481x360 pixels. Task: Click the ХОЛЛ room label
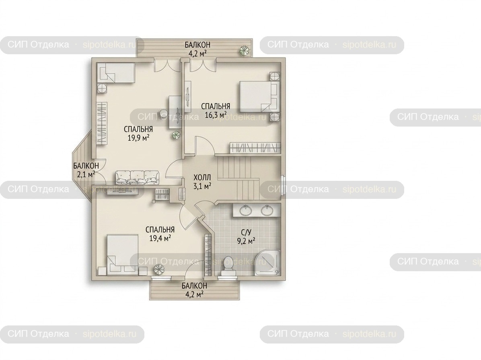[202, 178]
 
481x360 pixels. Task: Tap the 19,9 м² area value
[138, 137]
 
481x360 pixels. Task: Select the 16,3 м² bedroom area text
[216, 115]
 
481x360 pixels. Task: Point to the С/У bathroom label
[246, 233]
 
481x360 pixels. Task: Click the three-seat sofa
[138, 178]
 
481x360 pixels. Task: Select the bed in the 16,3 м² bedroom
[259, 96]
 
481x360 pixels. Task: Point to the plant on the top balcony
[244, 50]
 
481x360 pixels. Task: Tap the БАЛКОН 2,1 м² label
[86, 170]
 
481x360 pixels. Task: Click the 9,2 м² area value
[246, 241]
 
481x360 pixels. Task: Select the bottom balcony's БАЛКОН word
[195, 286]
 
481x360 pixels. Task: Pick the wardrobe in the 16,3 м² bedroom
[255, 147]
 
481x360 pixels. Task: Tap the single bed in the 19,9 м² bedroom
[116, 73]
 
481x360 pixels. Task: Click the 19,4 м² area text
[160, 238]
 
